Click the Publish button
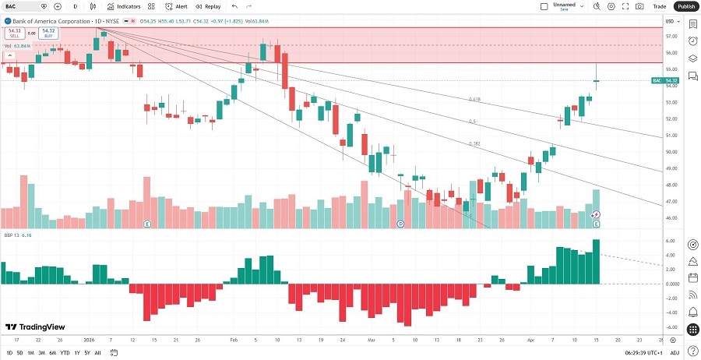coord(685,6)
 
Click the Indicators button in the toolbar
coord(124,6)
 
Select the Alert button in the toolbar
coord(176,6)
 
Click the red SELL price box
coord(15,34)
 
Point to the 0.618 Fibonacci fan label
coord(474,99)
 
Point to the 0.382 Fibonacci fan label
coord(474,143)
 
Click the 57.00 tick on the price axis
coord(671,37)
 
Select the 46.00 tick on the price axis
coord(671,217)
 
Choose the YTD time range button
coord(65,353)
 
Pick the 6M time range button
coord(52,353)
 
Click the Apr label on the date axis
coord(530,341)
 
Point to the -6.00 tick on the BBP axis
coord(671,327)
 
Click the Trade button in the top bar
coord(659,6)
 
